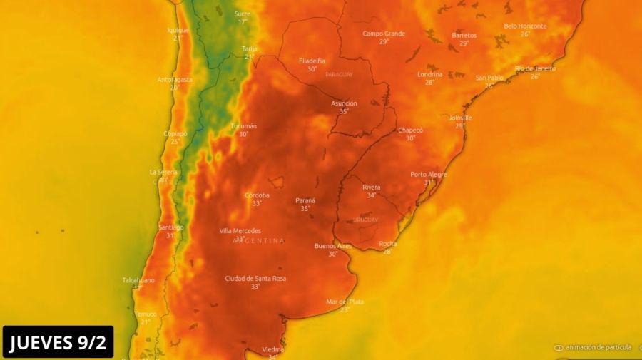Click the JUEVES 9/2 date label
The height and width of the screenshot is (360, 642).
[57, 343]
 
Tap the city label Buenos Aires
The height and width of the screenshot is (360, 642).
[333, 246]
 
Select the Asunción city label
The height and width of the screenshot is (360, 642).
[344, 103]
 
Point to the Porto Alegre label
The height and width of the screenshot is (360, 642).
[429, 175]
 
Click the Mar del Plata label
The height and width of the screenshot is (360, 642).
[345, 302]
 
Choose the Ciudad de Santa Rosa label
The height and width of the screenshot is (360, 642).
[255, 278]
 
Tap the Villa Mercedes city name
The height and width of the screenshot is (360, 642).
[240, 230]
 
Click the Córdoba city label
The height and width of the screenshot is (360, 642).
[257, 195]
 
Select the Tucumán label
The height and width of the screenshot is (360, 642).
[244, 126]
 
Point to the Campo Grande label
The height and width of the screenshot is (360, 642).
[384, 34]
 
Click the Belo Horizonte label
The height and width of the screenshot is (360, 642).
[525, 26]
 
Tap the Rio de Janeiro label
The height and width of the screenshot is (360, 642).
[535, 68]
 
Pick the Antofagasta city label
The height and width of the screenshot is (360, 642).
[175, 80]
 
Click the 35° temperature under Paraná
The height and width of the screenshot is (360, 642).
[305, 209]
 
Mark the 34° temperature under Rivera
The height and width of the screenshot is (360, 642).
[371, 195]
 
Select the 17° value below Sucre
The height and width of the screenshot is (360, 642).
[243, 21]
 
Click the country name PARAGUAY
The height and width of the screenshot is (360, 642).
[339, 74]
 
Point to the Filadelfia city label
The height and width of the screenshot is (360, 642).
[312, 61]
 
